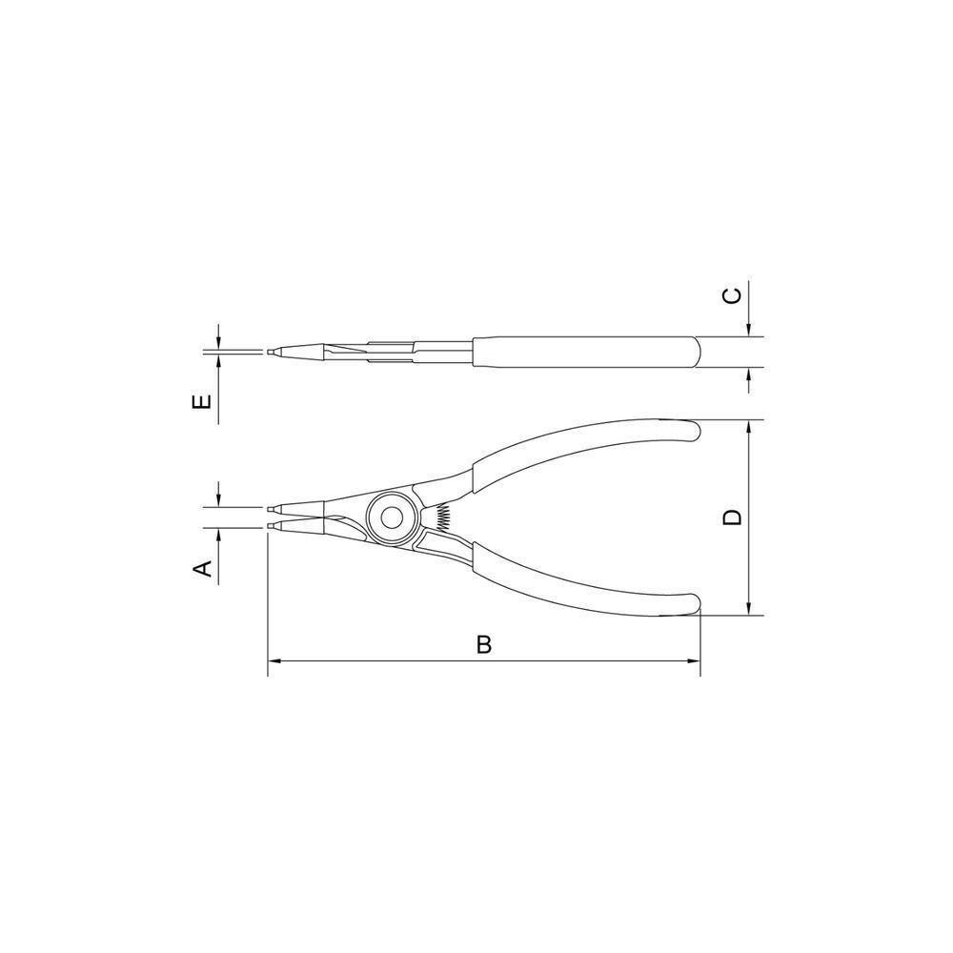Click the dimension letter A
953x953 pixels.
[201, 569]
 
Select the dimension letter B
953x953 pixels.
[484, 645]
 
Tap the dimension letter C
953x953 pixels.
[732, 295]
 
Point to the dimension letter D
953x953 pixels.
[732, 517]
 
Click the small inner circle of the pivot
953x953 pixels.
[390, 517]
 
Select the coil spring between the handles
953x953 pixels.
[440, 517]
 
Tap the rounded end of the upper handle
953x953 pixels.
[693, 431]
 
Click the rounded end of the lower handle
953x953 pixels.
[693, 606]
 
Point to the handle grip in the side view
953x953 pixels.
[586, 352]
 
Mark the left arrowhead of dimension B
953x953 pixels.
[274, 660]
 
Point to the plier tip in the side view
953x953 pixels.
[273, 353]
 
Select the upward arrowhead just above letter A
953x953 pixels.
[218, 534]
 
